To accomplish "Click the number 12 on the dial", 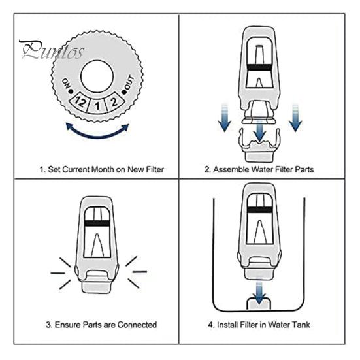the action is tap(80, 102).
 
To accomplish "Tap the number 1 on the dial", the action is tap(97, 106).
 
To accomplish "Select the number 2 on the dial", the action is tap(114, 102).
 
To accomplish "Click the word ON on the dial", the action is tap(66, 83).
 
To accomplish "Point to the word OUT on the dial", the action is tap(129, 82).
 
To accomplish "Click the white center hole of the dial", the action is tap(97, 76).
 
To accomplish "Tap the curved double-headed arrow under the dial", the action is tap(97, 134).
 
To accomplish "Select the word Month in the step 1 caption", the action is tap(103, 169).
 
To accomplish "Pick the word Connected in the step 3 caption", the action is tap(137, 325).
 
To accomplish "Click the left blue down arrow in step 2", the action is tap(224, 118).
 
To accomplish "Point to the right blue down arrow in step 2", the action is tap(295, 118).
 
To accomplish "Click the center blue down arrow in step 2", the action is tap(259, 131).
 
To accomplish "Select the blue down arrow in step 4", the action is tap(259, 291).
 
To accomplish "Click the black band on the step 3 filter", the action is tap(97, 223).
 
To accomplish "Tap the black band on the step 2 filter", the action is tap(259, 67).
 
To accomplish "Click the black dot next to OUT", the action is tap(124, 92).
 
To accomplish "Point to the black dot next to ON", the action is tap(71, 91).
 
